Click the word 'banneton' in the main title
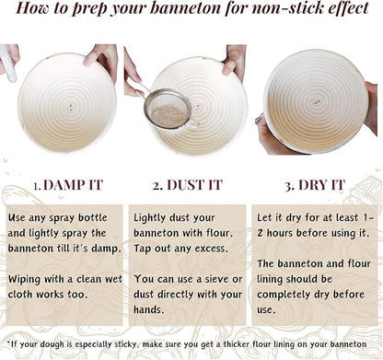coord(186,8)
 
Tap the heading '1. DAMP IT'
coord(68,185)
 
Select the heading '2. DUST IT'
coord(187,185)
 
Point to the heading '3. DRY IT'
coord(315,185)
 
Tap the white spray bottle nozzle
coord(8,64)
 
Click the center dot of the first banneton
coord(71,108)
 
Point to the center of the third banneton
coord(316,102)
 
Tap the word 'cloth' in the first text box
coord(21,295)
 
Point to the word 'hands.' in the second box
coord(149,309)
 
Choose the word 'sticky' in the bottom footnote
coord(125,344)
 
